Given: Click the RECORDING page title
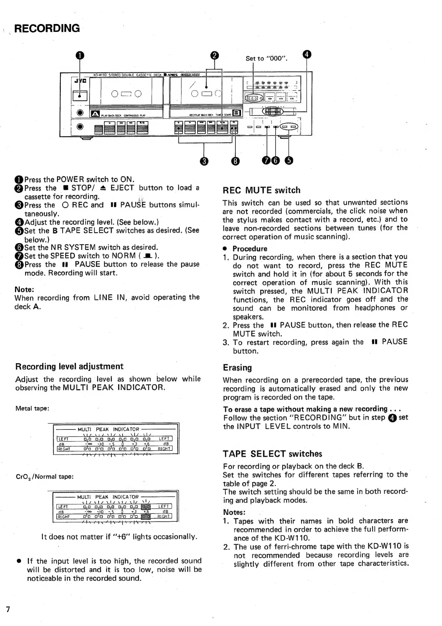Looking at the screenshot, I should click(x=47, y=29).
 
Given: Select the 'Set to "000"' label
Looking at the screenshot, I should click(x=266, y=58).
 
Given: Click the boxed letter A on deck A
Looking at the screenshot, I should click(x=94, y=114).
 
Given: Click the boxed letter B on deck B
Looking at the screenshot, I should click(x=237, y=113).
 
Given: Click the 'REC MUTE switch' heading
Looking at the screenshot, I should click(x=261, y=190).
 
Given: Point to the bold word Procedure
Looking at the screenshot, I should click(x=250, y=249).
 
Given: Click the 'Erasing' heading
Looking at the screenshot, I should click(x=237, y=367).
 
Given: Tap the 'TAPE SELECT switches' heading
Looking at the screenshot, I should click(x=272, y=453).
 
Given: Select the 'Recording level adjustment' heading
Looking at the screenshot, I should click(x=69, y=366).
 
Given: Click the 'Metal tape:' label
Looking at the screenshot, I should click(x=33, y=408).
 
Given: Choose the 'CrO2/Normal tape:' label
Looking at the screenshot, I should click(x=45, y=477).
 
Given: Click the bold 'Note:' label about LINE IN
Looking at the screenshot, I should click(x=24, y=289).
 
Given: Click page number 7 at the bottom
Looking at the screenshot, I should click(x=7, y=608).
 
